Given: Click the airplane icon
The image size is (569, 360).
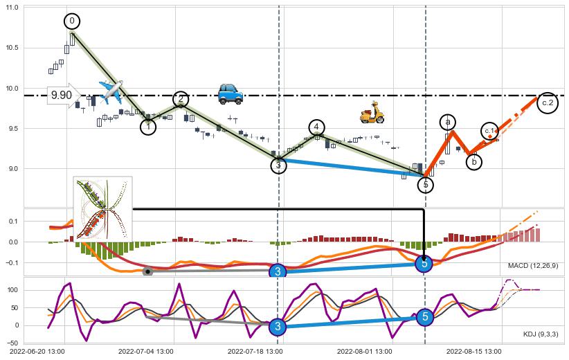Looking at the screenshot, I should (x=111, y=91).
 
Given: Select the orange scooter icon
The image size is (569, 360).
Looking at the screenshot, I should (x=372, y=112).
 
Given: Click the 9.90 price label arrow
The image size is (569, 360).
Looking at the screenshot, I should (x=63, y=96).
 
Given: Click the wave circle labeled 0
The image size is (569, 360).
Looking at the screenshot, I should (x=72, y=21).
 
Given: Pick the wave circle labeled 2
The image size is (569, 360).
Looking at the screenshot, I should (x=181, y=99).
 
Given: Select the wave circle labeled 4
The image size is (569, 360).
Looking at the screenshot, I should (x=316, y=127).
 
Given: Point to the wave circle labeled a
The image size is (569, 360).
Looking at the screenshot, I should (x=448, y=122).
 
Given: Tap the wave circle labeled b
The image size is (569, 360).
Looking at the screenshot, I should (x=474, y=162).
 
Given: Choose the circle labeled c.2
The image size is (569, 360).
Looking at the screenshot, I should (x=548, y=102).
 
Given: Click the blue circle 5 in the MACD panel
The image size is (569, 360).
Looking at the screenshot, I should (x=424, y=263).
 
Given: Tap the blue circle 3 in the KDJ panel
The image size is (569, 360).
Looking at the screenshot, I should (x=278, y=326).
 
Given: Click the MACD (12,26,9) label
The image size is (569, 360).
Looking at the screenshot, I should (x=533, y=265).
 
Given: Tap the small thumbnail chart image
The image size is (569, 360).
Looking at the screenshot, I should (x=102, y=208).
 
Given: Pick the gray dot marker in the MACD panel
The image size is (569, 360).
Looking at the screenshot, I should (x=147, y=271).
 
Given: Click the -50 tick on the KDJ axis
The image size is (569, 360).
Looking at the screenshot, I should (x=12, y=342).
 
